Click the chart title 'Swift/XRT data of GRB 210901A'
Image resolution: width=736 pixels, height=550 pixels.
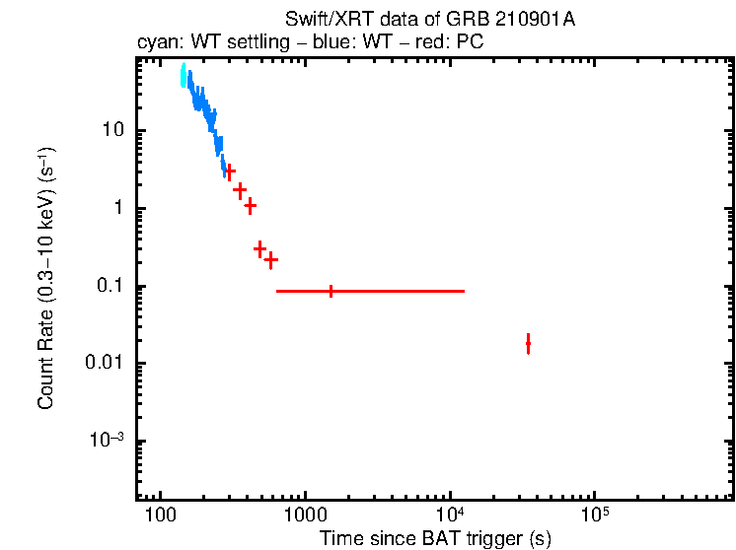coord(430,20)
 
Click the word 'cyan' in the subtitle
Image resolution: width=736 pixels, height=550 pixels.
coord(154,43)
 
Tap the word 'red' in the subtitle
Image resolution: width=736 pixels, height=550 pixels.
coord(419,43)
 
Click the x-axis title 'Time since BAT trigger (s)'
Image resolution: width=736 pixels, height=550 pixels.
coord(435,538)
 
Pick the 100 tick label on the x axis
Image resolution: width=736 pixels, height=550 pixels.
coord(160,516)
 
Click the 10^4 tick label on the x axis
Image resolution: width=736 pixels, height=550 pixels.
coord(450,515)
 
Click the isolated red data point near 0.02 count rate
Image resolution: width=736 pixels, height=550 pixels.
coord(529,343)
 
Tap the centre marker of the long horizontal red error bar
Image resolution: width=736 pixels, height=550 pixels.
coord(331,291)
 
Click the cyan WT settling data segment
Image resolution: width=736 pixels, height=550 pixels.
coord(183,76)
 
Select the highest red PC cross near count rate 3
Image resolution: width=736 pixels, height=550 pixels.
coord(230,172)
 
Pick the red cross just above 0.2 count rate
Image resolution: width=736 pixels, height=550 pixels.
coord(270,260)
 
